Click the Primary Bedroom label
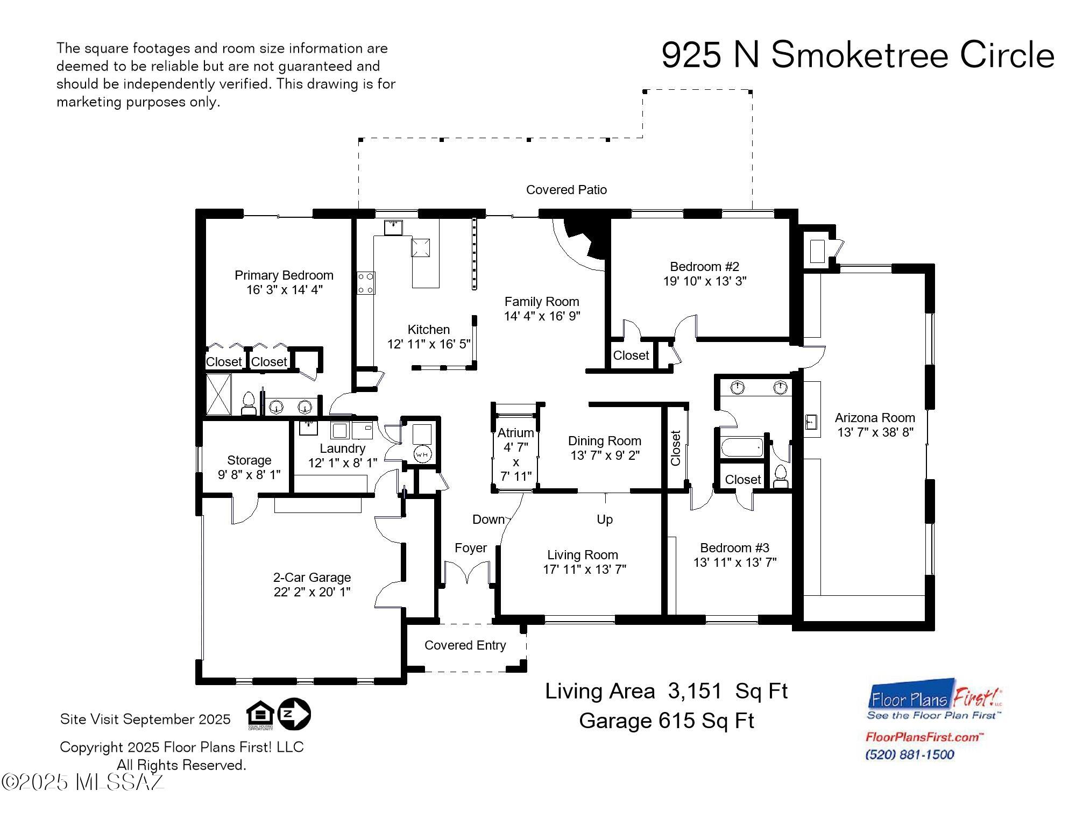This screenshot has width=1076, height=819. pyautogui.click(x=284, y=275)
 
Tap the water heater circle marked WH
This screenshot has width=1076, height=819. pyautogui.click(x=422, y=454)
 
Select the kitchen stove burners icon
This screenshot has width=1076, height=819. pyautogui.click(x=366, y=283)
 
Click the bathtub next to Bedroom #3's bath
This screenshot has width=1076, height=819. pyautogui.click(x=742, y=447)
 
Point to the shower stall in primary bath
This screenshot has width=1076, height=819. pyautogui.click(x=218, y=395)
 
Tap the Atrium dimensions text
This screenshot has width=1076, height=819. pyautogui.click(x=515, y=461)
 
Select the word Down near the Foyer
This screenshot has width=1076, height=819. pyautogui.click(x=488, y=519)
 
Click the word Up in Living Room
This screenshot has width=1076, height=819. pyautogui.click(x=604, y=519)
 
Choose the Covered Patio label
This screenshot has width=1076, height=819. pyautogui.click(x=566, y=190)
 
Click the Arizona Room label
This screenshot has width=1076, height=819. pyautogui.click(x=874, y=418)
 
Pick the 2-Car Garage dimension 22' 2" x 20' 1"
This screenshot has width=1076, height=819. pyautogui.click(x=312, y=592)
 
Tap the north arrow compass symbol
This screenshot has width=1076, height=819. pyautogui.click(x=294, y=714)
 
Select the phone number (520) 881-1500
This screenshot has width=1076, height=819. pyautogui.click(x=909, y=754)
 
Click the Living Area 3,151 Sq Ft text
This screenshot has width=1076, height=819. pyautogui.click(x=666, y=692)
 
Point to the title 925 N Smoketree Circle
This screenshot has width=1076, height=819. pyautogui.click(x=857, y=55)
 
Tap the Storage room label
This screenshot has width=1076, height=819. pyautogui.click(x=249, y=460)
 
